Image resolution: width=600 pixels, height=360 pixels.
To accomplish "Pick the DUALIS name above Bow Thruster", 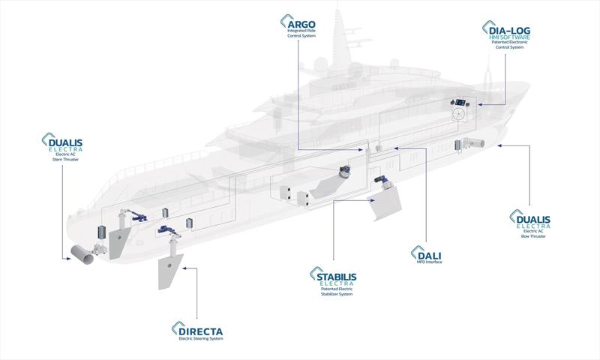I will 533,220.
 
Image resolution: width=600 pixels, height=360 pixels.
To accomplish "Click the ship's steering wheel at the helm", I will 459,114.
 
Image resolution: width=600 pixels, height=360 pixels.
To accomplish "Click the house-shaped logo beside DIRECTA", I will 176,330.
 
